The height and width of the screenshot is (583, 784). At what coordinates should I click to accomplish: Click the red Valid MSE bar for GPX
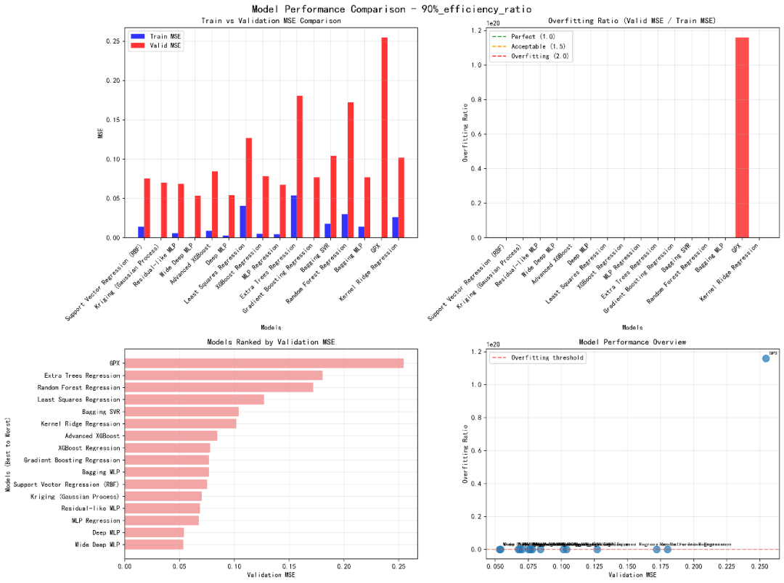coord(384,138)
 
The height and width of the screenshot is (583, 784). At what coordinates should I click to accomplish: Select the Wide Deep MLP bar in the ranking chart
coord(155,545)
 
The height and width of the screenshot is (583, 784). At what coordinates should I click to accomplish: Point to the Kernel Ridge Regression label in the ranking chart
coord(81,423)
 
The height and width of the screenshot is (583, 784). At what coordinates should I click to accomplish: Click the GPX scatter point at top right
coord(766,358)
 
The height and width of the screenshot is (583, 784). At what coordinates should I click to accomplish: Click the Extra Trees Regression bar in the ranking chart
coord(224,376)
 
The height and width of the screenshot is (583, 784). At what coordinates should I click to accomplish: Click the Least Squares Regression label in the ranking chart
coord(79,400)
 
